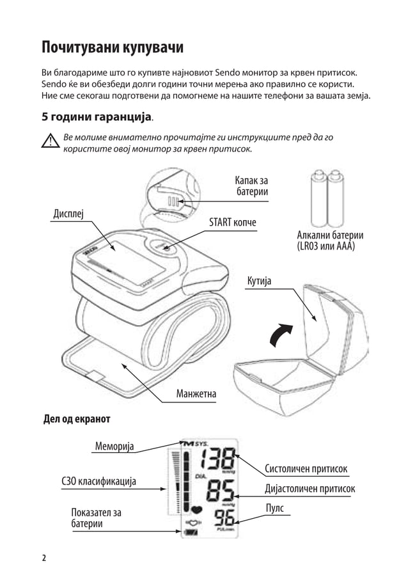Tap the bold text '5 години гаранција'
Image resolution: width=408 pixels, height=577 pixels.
pos(97,117)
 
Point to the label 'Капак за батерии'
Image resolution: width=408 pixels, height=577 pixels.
pos(251,186)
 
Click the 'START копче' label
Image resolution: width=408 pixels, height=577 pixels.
pos(233,222)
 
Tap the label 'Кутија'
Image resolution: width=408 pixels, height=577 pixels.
pos(260,281)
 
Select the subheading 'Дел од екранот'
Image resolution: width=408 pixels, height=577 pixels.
pos(76,419)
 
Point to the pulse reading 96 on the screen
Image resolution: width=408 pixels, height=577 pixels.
pos(223,519)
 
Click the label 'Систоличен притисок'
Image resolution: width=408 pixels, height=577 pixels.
pos(306,470)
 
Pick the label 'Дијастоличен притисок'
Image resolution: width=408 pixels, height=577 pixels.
pos(310,489)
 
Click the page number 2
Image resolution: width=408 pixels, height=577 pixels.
pos(44,557)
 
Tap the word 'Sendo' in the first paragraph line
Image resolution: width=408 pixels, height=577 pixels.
pos(227,73)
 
